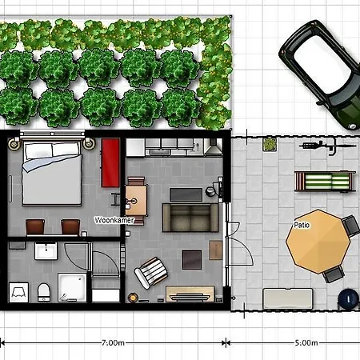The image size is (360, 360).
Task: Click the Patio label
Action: tap(302, 225)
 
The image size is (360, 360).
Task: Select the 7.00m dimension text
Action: tap(112, 342)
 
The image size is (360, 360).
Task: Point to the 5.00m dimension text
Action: tap(306, 342)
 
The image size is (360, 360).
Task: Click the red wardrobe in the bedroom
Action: tap(110, 160)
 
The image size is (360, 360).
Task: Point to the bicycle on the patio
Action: tap(318, 146)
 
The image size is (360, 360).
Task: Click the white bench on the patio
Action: tap(288, 298)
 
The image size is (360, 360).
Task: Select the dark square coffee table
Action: tap(192, 259)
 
